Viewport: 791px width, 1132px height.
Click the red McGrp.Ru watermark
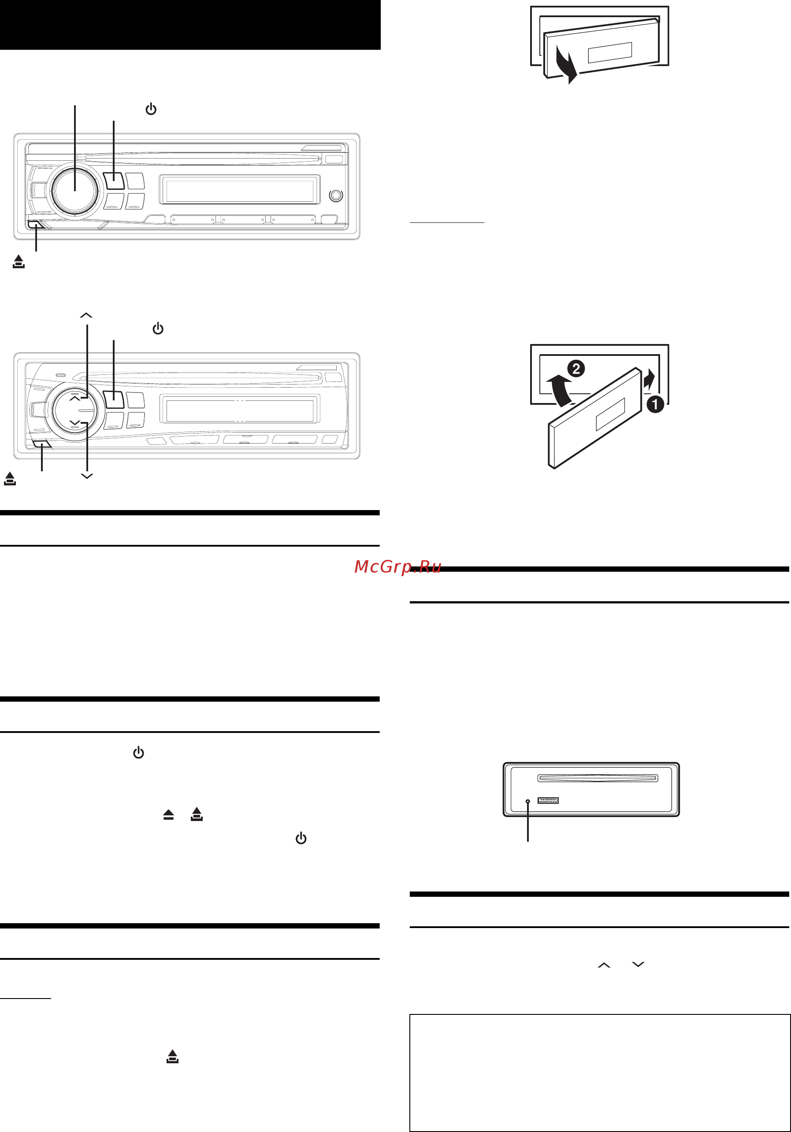[x=397, y=567]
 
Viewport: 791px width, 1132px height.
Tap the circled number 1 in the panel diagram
[x=655, y=404]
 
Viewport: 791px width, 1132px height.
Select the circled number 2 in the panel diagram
[x=576, y=368]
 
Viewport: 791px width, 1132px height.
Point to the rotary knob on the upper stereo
[x=74, y=190]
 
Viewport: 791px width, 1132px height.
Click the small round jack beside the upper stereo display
[x=336, y=195]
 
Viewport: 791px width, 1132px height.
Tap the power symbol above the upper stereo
[x=151, y=109]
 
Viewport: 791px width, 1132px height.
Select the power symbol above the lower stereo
[x=158, y=328]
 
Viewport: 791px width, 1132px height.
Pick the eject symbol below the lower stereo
[x=10, y=478]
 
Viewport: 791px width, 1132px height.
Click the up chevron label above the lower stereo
[x=86, y=315]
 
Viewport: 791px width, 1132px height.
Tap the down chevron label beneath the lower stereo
[x=87, y=476]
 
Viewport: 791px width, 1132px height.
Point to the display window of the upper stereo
[x=240, y=190]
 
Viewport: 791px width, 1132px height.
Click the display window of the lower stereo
[x=240, y=410]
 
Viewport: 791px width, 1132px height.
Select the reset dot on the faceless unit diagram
[x=527, y=801]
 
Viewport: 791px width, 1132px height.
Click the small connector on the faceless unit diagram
[x=548, y=800]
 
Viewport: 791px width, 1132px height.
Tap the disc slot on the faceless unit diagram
[x=597, y=778]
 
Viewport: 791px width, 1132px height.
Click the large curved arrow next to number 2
[x=560, y=389]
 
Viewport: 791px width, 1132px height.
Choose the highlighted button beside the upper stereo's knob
[x=114, y=181]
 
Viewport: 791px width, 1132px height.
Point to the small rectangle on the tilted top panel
[x=610, y=53]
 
